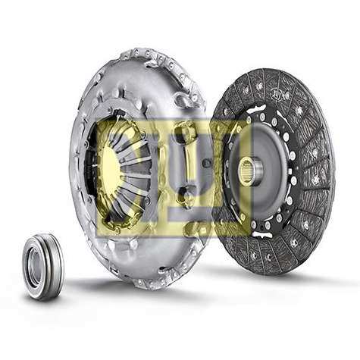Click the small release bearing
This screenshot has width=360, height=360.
(x=42, y=267)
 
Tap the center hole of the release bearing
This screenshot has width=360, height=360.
(x=34, y=266)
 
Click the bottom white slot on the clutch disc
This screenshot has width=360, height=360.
(x=261, y=234)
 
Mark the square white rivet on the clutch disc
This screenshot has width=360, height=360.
(x=290, y=172)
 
